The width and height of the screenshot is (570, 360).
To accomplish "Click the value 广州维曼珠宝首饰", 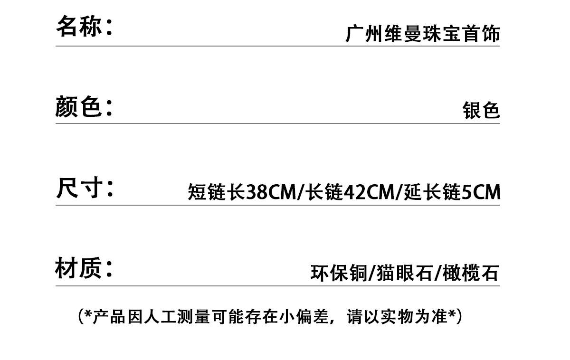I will click(423, 35).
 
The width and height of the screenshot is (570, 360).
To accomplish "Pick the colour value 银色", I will click(481, 111).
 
